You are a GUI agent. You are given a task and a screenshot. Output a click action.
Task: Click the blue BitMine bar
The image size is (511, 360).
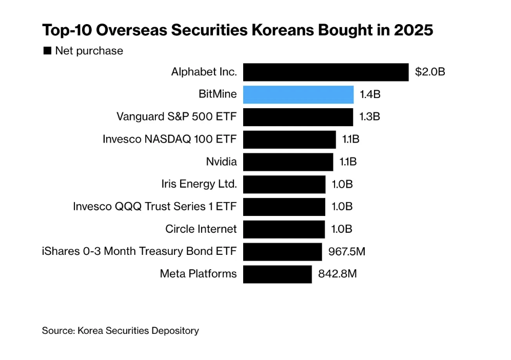pos(298,95)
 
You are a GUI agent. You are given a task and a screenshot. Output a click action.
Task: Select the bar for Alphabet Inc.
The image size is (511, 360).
pos(326,72)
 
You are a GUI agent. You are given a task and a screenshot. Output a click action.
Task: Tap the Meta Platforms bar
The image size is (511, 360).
pos(277,274)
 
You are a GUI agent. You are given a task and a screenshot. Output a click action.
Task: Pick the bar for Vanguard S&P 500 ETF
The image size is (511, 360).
pos(298,117)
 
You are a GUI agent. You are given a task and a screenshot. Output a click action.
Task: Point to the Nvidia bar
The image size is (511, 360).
pos(288,162)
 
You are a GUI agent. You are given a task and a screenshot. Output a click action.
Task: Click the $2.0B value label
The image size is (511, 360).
pos(430,72)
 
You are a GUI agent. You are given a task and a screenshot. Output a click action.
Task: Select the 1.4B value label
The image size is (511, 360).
pos(370,95)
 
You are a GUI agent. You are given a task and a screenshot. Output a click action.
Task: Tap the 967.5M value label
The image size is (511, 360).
pos(346,252)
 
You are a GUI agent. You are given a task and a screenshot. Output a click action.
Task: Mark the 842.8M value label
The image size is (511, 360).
pos(337,274)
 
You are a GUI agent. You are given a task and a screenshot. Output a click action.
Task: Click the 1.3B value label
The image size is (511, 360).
pos(369,117)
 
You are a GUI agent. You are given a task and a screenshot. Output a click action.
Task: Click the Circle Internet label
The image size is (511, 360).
pos(201,229)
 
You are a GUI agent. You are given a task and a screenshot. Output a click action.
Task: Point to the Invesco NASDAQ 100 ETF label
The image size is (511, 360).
pos(170,139)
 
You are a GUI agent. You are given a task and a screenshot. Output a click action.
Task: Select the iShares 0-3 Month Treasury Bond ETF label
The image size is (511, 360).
pos(140,251)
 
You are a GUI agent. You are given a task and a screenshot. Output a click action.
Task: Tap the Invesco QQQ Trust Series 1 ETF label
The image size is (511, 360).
pos(155,207)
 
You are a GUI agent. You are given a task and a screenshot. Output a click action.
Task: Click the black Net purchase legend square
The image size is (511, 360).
pos(47,51)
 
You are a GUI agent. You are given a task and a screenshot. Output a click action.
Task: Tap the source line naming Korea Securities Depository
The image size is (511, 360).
pos(121,331)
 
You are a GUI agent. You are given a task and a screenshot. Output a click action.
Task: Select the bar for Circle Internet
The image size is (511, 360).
pos(284,229)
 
